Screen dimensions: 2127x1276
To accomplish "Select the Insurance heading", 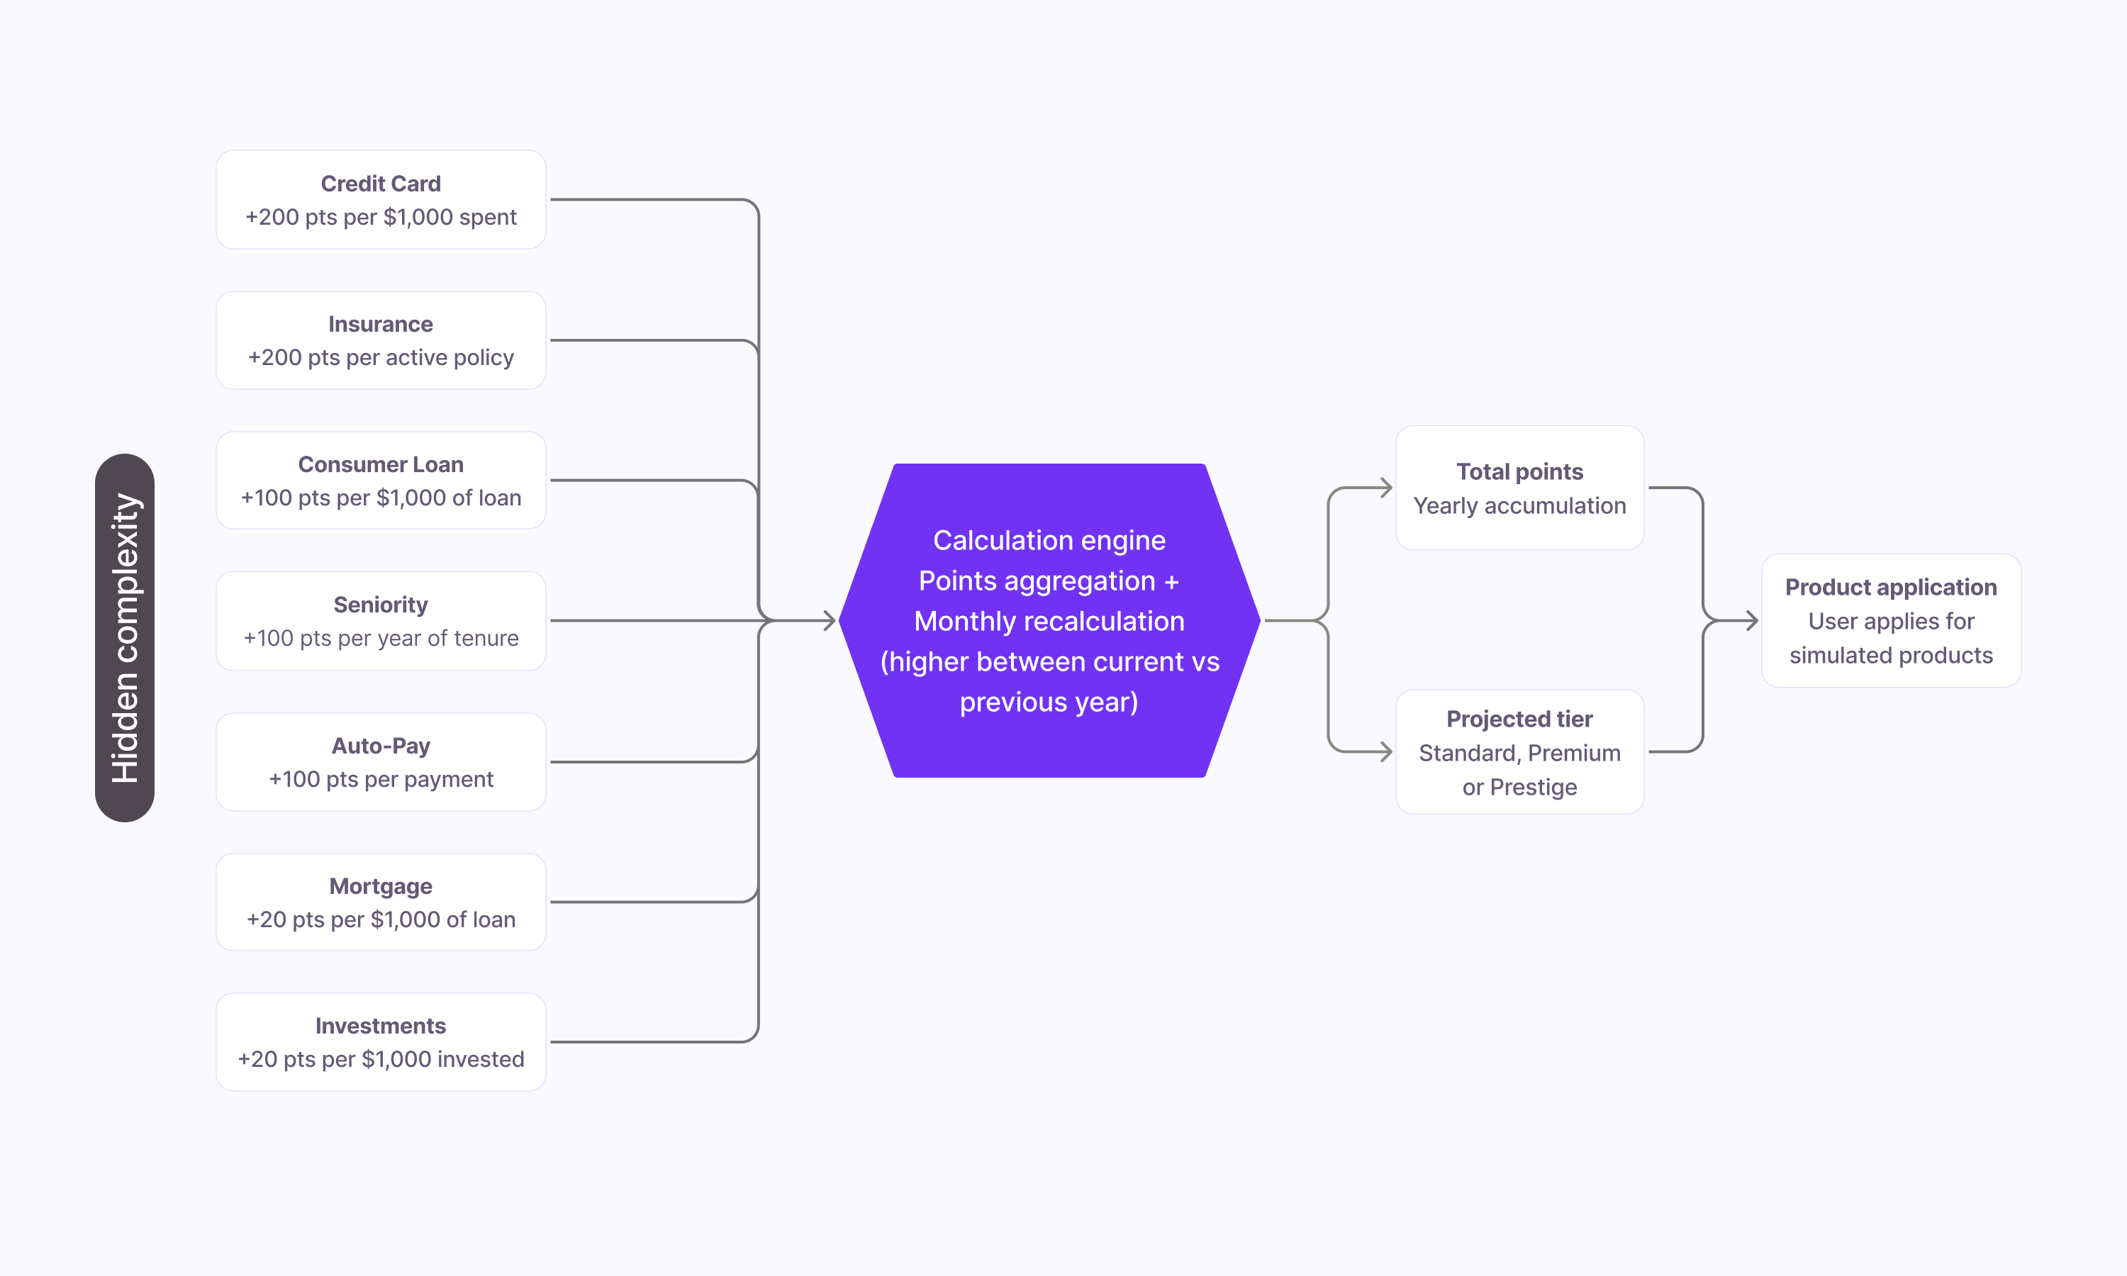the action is point(380,324).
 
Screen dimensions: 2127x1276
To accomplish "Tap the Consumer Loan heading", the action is point(380,464).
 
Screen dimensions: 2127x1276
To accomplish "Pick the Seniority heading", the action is point(380,605).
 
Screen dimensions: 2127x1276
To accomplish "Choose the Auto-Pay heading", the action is point(380,746).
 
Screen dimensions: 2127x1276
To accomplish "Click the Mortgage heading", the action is point(380,887).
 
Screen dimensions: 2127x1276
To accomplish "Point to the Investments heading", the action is point(380,1026).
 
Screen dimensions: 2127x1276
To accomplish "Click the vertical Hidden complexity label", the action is point(125,638).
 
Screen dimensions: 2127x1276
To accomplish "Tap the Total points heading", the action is point(1519,471).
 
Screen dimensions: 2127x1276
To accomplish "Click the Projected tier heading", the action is point(1519,719).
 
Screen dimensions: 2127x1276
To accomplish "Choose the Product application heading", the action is point(1891,587).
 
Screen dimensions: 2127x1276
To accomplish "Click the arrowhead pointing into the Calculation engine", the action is point(829,620).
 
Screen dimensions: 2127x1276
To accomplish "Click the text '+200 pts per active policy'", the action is point(380,358).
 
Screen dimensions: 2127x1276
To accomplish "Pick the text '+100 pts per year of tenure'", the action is point(380,638).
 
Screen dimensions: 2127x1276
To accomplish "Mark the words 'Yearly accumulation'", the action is point(1519,505).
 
